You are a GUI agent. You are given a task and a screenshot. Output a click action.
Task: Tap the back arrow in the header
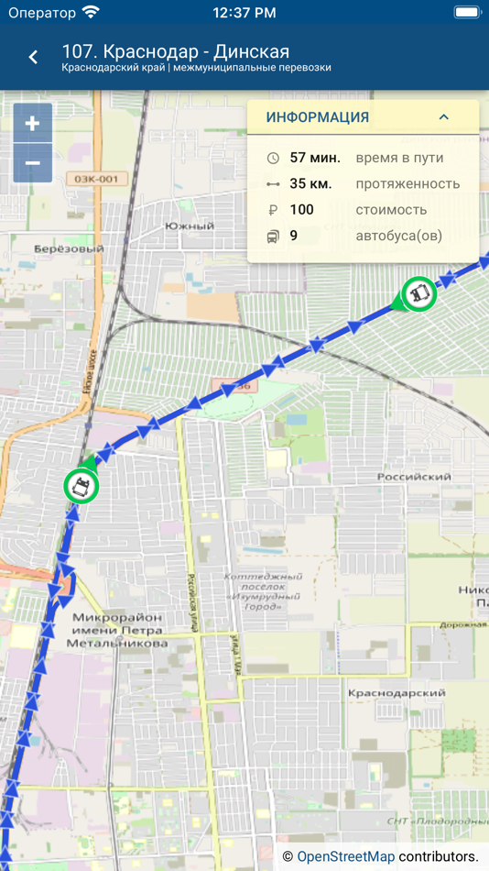pos(33,57)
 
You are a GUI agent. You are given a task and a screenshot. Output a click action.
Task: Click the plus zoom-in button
pos(32,124)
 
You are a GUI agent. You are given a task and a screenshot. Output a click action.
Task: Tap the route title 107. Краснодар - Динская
pos(175,51)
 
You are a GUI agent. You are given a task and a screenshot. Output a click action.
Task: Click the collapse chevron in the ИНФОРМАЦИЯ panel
pos(444,117)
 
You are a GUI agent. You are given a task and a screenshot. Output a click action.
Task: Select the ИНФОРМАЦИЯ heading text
pos(318,117)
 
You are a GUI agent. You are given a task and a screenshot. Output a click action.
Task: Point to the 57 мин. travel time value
pos(315,158)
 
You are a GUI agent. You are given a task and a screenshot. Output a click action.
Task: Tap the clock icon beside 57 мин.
pos(273,158)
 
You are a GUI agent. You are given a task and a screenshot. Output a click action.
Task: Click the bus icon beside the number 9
pos(273,237)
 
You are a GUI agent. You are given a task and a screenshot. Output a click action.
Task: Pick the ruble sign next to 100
pos(273,210)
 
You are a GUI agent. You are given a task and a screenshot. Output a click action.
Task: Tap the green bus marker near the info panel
pos(419,294)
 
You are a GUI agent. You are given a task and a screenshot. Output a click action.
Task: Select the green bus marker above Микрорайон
pos(81,486)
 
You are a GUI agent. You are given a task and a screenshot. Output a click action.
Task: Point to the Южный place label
pos(190,226)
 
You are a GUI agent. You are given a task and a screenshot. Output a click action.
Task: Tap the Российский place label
pos(414,477)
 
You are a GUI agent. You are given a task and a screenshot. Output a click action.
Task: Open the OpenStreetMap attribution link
pos(346,856)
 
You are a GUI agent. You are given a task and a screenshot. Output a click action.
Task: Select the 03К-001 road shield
pos(96,179)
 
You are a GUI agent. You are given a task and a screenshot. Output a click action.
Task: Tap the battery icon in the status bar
pos(467,13)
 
